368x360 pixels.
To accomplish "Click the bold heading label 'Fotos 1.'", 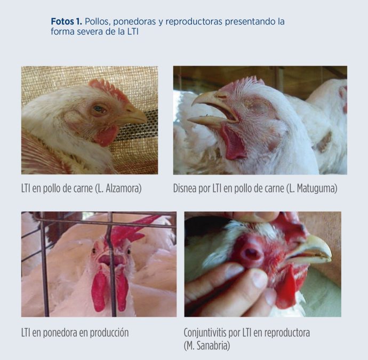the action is [67, 21].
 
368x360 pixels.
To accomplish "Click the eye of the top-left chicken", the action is [99, 109].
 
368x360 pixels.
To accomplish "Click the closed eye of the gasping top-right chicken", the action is [258, 107].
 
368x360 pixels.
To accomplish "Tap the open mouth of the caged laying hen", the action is [110, 260].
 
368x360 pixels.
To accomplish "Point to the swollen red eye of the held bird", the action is [251, 253].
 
